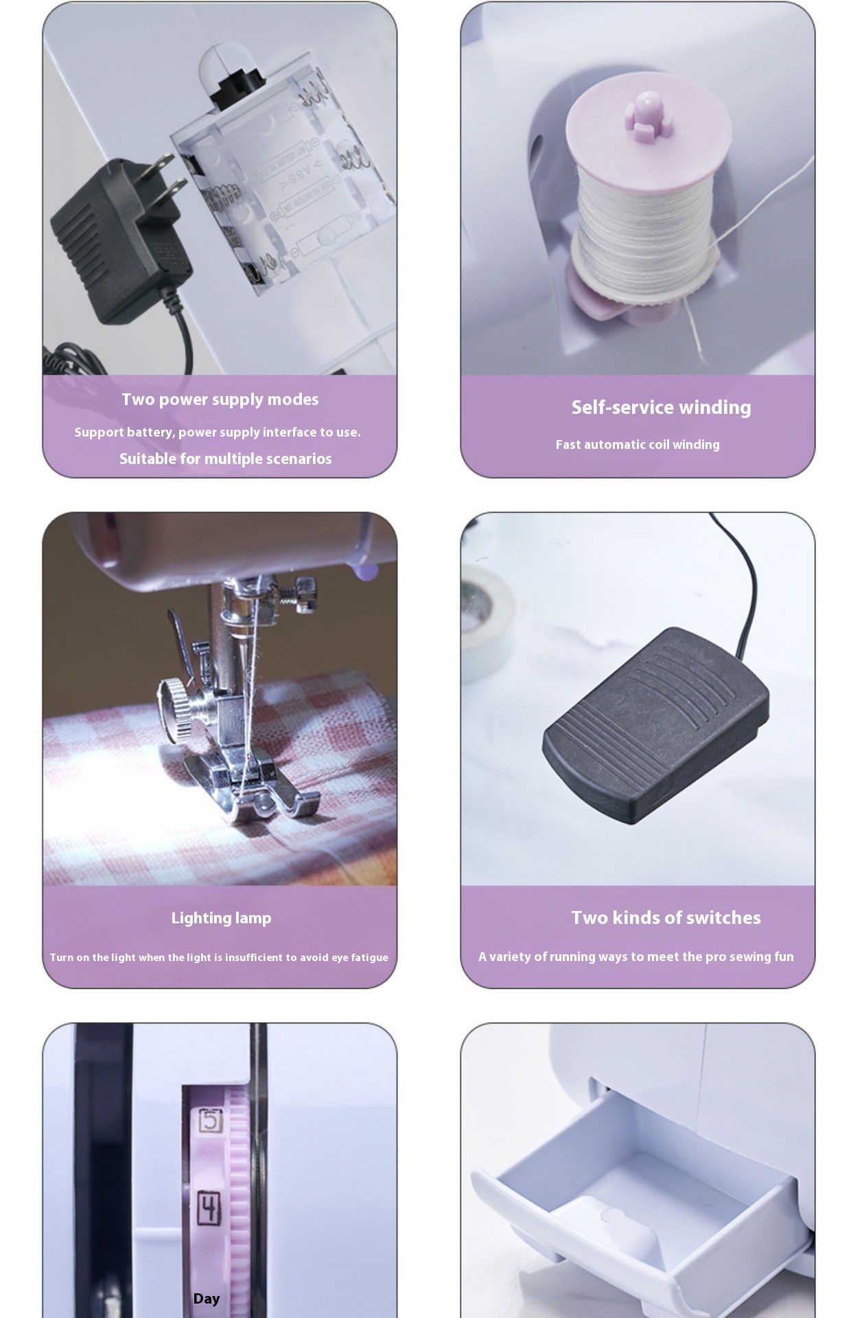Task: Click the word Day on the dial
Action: pyautogui.click(x=207, y=1298)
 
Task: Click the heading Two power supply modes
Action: pyautogui.click(x=220, y=400)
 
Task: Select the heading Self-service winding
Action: pyautogui.click(x=661, y=407)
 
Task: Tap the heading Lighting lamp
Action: pyautogui.click(x=221, y=918)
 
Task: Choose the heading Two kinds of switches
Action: pyautogui.click(x=666, y=918)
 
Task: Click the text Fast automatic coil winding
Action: pyautogui.click(x=638, y=444)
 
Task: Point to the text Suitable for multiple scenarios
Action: pyautogui.click(x=225, y=459)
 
